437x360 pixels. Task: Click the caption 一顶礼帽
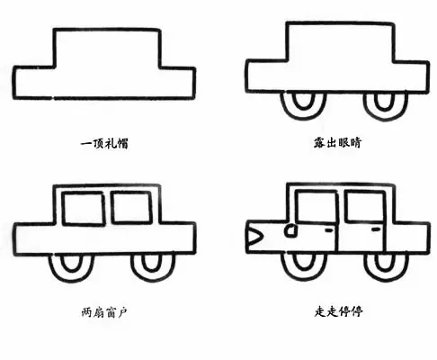tap(104, 143)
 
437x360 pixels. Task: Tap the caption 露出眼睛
tap(338, 142)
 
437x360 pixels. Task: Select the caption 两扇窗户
tap(104, 312)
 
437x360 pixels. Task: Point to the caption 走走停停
tap(339, 311)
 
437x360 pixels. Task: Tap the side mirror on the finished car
tap(290, 230)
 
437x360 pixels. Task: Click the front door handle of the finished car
tap(329, 230)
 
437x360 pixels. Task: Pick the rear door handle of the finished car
tap(375, 229)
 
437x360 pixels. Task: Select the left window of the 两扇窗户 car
tap(84, 209)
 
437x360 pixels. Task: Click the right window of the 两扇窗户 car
tap(131, 208)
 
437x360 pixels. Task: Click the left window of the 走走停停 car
tap(317, 207)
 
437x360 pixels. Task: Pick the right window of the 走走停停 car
tap(365, 206)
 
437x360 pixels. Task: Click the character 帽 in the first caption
tap(122, 143)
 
